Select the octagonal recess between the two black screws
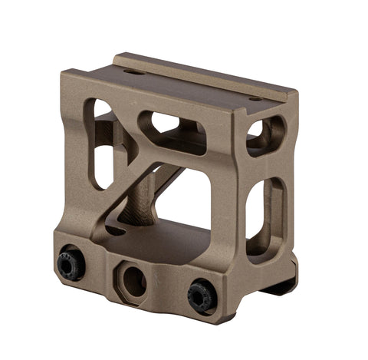[x=133, y=280]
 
